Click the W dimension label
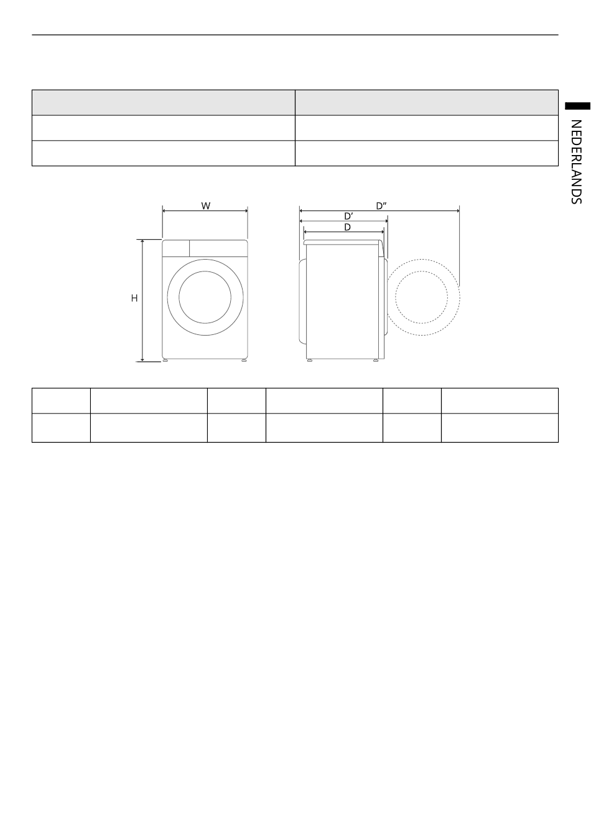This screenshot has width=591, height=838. (x=205, y=205)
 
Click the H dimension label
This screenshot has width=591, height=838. (x=134, y=298)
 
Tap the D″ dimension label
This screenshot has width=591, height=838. (x=381, y=205)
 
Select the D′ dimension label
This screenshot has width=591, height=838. (x=348, y=216)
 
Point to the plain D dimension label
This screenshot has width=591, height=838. (x=347, y=227)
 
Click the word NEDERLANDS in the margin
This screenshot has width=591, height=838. (x=576, y=162)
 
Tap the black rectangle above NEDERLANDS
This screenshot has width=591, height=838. (x=577, y=106)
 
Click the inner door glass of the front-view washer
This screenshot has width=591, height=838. (x=205, y=297)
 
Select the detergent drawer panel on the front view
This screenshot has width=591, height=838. (x=175, y=248)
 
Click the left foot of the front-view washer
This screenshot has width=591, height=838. (x=165, y=360)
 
